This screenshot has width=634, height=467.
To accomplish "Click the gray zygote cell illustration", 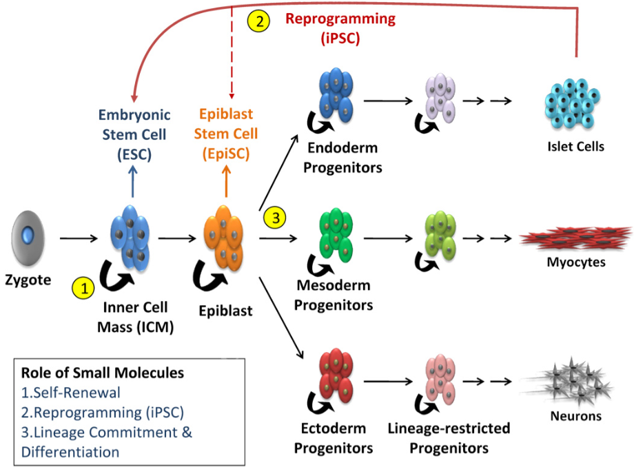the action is (28, 238).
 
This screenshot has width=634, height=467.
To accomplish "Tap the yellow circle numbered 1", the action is (83, 288).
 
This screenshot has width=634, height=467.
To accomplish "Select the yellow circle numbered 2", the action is (259, 21).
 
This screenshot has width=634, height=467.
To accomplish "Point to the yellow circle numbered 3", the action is (275, 218).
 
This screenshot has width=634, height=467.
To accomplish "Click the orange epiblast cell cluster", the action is (223, 238).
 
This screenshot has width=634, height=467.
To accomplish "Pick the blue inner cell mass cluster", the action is (130, 238).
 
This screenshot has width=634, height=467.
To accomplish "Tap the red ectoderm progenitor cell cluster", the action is (336, 375).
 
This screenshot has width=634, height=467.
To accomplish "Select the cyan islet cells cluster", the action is (572, 103).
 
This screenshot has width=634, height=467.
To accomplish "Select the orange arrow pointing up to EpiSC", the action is (227, 181).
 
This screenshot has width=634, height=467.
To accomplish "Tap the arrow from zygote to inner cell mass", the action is (79, 238).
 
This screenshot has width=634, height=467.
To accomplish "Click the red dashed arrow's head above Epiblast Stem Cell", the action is (232, 96).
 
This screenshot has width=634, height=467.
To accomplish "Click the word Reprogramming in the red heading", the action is (340, 19).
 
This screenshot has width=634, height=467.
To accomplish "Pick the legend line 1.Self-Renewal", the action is (71, 392).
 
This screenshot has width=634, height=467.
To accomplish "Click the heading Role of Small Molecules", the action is (102, 373).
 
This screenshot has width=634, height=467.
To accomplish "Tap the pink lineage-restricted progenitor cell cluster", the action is (440, 379).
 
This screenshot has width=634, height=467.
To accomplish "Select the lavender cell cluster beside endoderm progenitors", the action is (440, 98).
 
